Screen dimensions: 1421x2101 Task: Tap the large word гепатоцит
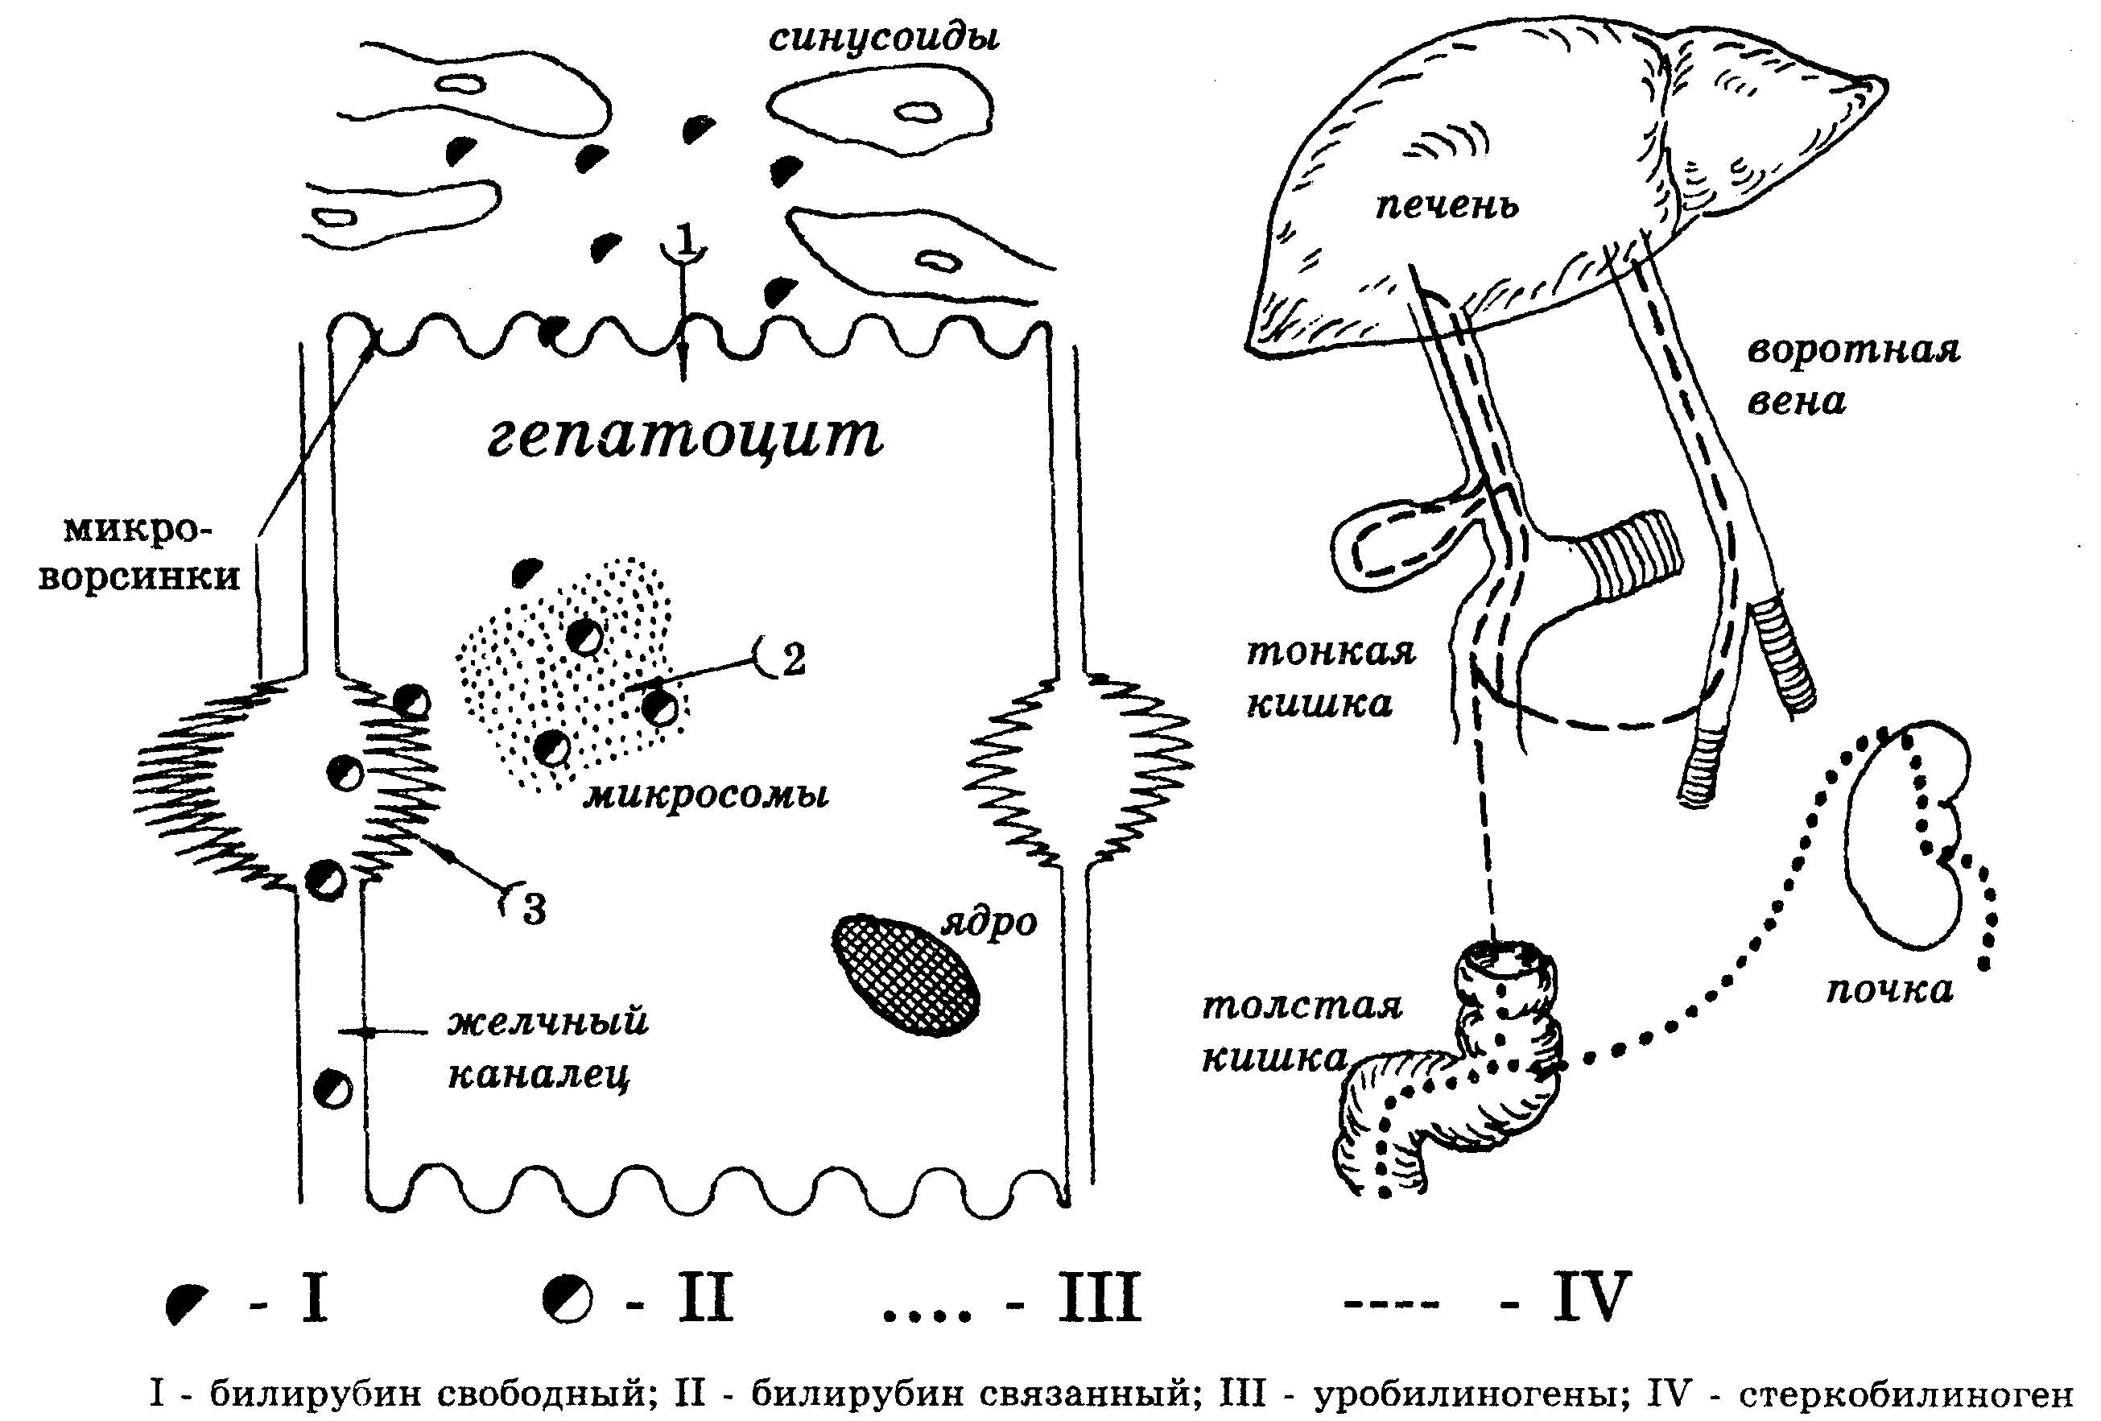point(684,436)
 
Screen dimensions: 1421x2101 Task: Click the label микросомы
point(706,795)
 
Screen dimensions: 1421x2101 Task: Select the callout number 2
point(793,661)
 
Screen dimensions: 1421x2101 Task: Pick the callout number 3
point(535,908)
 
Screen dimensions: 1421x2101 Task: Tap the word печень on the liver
point(1447,207)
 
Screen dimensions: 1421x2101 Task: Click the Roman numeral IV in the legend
point(1591,1298)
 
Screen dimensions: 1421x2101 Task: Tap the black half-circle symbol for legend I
point(188,1303)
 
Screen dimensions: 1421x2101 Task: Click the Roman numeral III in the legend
point(1100,1298)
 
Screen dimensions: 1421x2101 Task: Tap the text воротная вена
point(1851,374)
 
